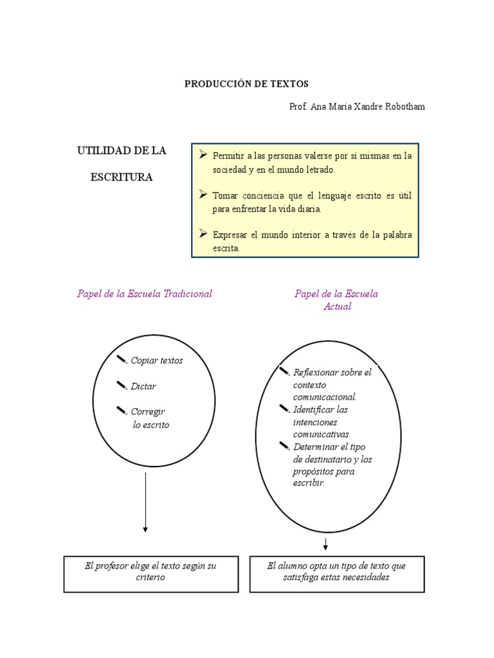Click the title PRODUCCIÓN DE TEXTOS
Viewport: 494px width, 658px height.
[247, 84]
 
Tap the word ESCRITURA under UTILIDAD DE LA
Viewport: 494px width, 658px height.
[122, 177]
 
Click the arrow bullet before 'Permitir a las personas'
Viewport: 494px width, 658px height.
[203, 155]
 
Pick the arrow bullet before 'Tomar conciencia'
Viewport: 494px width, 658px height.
[203, 195]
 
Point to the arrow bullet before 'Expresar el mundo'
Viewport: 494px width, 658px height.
[203, 234]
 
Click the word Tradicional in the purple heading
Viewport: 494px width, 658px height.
[188, 294]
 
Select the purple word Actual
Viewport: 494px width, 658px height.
[337, 307]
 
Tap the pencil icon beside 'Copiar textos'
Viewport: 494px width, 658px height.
[122, 359]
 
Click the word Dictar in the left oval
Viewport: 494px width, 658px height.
[143, 386]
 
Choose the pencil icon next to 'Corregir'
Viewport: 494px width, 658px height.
[122, 410]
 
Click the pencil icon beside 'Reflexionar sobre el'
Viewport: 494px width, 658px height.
[285, 371]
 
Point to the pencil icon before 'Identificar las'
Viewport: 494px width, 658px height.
[285, 408]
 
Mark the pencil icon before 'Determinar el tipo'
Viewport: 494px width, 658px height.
[285, 445]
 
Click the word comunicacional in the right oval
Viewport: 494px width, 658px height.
[324, 397]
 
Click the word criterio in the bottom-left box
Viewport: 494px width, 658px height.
[151, 578]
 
